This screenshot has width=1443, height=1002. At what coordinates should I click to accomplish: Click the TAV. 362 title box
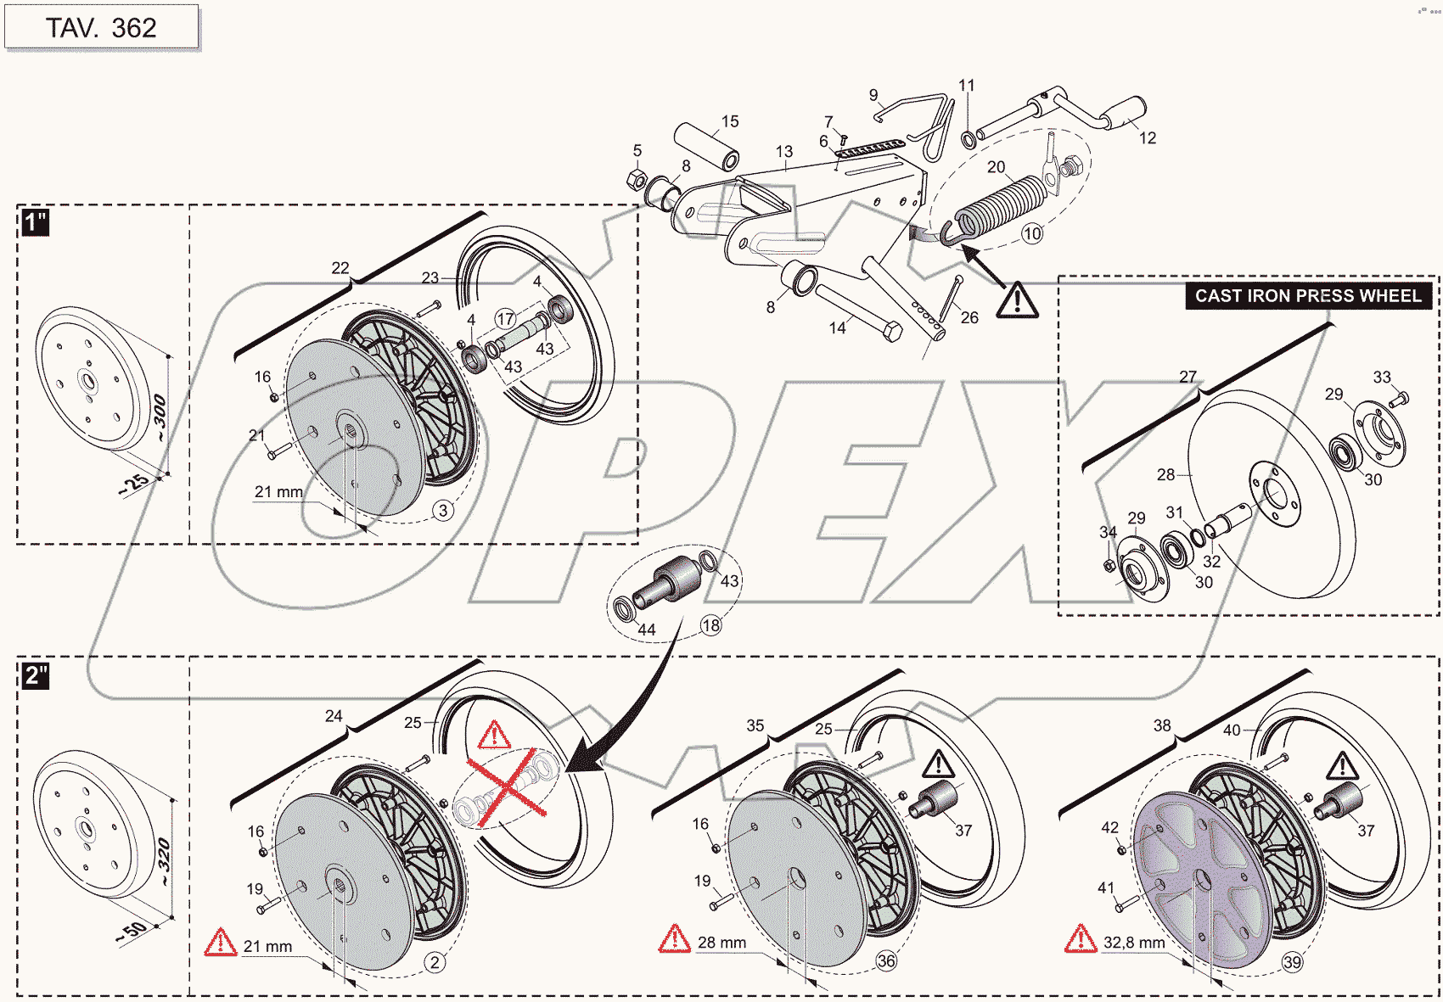(x=101, y=27)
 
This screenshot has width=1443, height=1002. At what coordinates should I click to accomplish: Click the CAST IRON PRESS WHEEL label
(x=1308, y=296)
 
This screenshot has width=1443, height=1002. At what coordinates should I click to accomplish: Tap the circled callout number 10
(x=1032, y=233)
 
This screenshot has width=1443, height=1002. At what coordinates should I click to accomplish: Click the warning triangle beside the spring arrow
(x=1017, y=300)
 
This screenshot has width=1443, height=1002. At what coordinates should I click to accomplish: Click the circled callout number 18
(x=710, y=625)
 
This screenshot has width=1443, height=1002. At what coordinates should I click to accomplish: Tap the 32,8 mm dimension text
(x=1133, y=943)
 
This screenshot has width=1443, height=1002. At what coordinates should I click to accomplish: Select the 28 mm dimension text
(x=721, y=943)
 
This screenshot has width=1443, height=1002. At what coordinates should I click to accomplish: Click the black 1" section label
(x=36, y=223)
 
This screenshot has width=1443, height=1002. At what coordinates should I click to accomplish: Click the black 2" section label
(x=36, y=676)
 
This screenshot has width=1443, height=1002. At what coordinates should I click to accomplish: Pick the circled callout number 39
(x=1292, y=962)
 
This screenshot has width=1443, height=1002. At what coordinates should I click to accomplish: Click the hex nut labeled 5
(x=634, y=180)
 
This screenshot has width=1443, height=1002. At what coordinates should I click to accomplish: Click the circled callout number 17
(x=506, y=319)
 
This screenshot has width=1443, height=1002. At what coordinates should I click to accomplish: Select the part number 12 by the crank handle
(x=1148, y=138)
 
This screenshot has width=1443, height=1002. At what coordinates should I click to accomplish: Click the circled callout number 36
(x=886, y=960)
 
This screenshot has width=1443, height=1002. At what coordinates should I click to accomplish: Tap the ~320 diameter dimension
(x=164, y=860)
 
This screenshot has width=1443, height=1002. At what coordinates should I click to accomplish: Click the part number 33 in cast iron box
(x=1382, y=377)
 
